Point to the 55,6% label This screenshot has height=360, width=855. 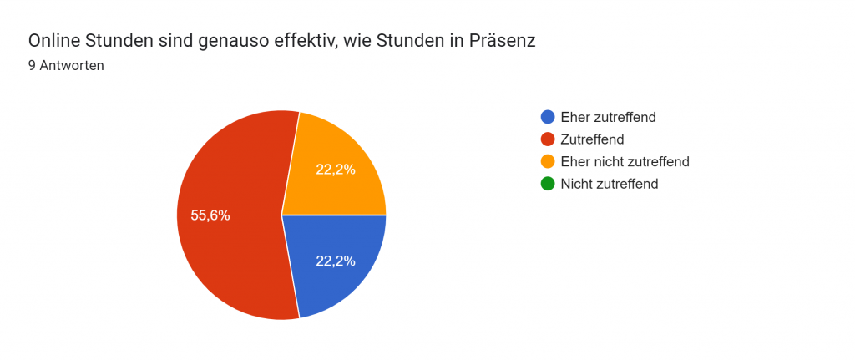(210, 215)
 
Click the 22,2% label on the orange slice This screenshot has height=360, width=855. (336, 170)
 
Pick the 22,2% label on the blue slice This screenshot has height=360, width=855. (336, 261)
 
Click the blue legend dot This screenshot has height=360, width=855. (548, 117)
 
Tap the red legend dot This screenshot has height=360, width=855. (548, 139)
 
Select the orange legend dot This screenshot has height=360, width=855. (548, 161)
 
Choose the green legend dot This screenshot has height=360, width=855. (548, 184)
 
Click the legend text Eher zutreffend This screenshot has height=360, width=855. (608, 117)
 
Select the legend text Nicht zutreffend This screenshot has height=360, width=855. (610, 184)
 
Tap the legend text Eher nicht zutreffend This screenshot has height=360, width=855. (625, 161)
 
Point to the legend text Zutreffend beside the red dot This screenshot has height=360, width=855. (593, 139)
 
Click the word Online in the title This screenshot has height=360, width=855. (54, 41)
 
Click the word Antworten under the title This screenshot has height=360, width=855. (72, 66)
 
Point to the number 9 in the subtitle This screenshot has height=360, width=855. (32, 66)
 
